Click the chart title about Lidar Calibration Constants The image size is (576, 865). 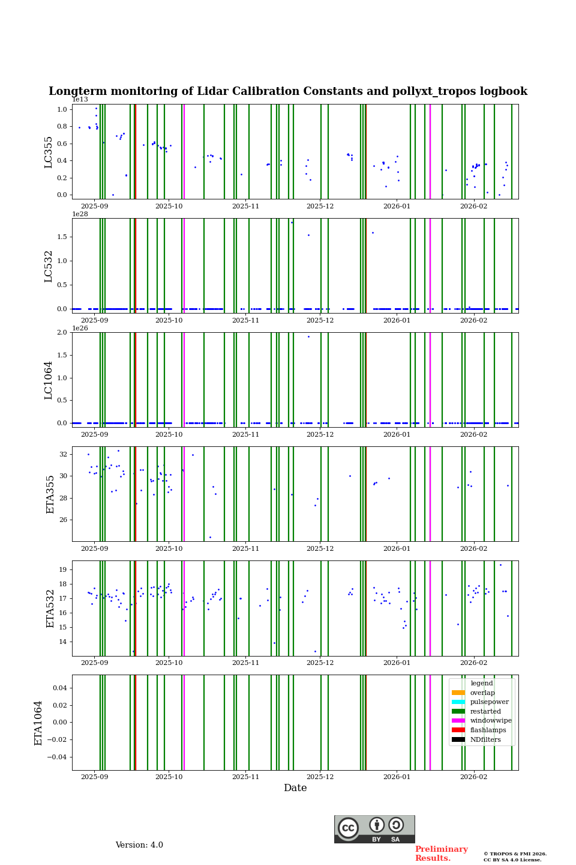[288, 91]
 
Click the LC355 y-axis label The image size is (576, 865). [49, 152]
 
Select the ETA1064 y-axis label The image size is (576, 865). [39, 723]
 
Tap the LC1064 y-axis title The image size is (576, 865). [49, 380]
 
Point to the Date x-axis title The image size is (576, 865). [295, 788]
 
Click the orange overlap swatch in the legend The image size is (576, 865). [458, 693]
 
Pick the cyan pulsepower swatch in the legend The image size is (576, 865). [458, 702]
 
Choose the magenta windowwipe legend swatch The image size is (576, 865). [458, 721]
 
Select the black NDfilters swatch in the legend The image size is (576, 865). [458, 739]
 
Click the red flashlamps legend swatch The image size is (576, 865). [458, 730]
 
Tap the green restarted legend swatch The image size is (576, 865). [458, 711]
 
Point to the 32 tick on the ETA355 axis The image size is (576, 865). [63, 455]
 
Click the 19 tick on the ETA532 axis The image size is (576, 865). [63, 569]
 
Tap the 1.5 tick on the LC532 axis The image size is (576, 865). [62, 237]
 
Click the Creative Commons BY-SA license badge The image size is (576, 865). [374, 829]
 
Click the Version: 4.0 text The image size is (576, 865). [139, 845]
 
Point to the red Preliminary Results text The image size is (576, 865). [441, 854]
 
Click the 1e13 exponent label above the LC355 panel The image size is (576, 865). [80, 100]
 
